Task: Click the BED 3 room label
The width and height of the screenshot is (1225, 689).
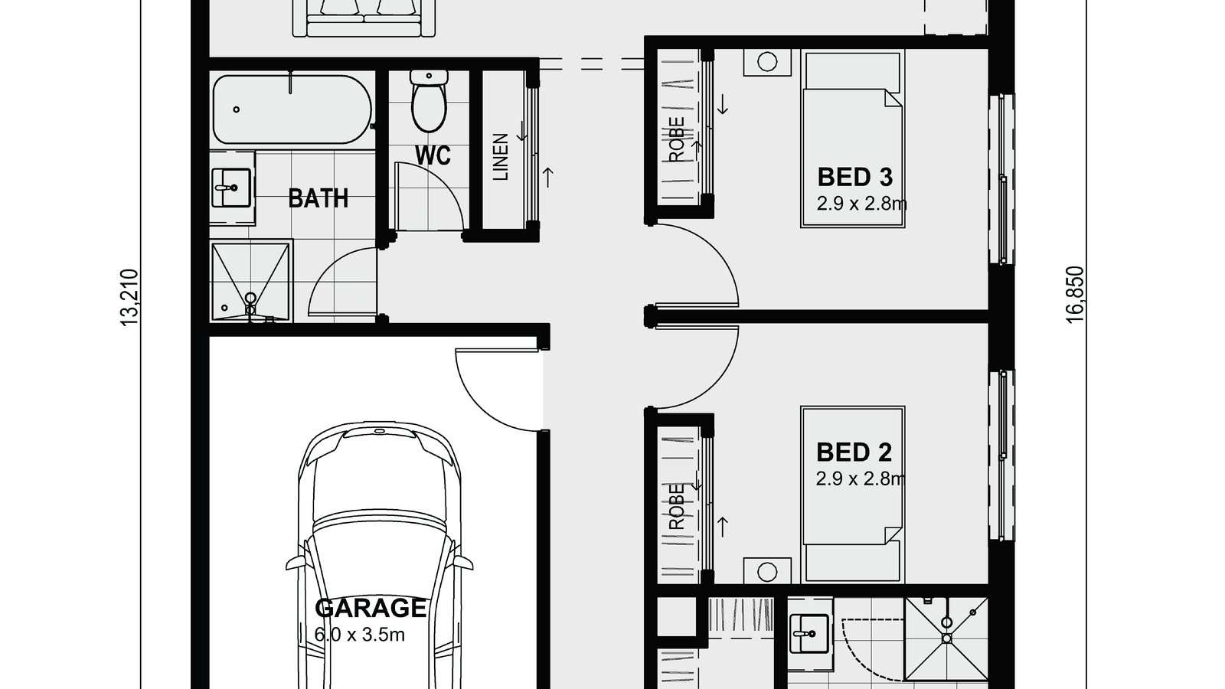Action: [854, 177]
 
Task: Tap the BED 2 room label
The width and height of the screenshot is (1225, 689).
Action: [854, 452]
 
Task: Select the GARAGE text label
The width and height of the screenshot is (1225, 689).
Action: [371, 608]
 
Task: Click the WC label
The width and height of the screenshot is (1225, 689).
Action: [433, 155]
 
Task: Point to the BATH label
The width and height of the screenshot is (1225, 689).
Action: [318, 199]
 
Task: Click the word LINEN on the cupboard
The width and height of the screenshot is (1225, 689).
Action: [501, 157]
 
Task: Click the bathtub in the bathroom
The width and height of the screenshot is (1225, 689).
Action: [292, 109]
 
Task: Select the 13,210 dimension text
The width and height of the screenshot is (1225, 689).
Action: [130, 298]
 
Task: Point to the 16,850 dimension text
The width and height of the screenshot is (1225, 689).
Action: [1076, 295]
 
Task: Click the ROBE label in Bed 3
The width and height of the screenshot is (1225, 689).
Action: [677, 139]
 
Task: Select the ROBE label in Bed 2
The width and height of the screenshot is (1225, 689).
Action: [677, 507]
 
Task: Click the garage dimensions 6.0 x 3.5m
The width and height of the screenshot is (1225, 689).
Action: [359, 634]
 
